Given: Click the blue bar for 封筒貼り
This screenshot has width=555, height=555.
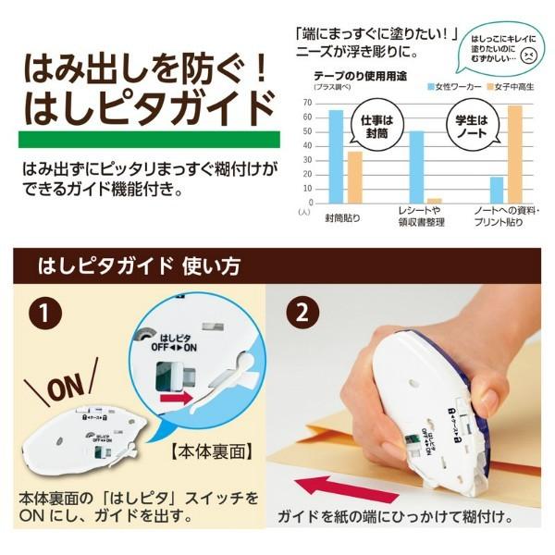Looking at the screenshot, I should [336, 156].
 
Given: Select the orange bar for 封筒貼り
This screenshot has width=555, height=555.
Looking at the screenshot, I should [354, 177].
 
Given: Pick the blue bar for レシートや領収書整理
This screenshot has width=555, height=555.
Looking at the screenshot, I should [416, 166].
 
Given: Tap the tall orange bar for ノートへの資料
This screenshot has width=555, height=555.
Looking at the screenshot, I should [514, 154].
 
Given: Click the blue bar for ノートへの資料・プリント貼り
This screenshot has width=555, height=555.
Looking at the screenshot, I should [497, 190].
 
